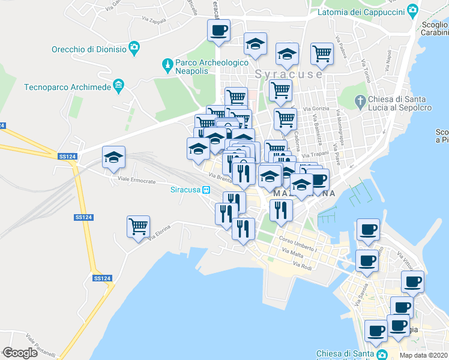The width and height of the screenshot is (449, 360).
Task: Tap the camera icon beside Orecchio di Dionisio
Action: [134, 47]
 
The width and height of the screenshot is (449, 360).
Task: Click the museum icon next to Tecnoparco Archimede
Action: [119, 86]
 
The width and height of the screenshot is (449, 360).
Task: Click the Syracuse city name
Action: [288, 74]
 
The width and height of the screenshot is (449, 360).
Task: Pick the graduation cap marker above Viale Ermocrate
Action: [113, 158]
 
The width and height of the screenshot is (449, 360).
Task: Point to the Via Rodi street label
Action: [303, 265]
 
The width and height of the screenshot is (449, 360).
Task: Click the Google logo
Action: [20, 353]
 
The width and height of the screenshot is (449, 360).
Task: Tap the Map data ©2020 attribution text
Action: [423, 355]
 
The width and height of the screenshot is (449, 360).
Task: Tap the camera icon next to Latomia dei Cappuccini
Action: [412, 10]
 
